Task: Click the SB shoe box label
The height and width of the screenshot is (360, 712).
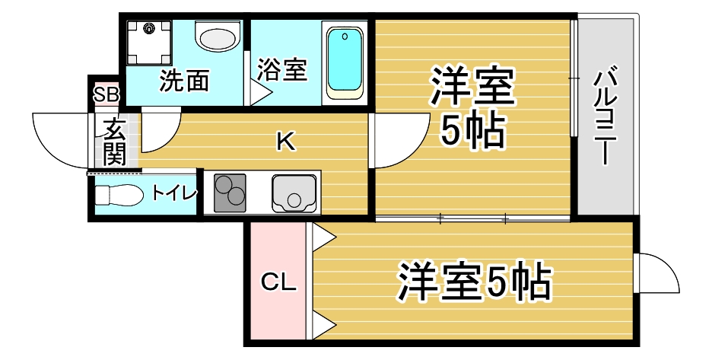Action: pyautogui.click(x=106, y=95)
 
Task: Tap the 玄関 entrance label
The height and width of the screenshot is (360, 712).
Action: pyautogui.click(x=114, y=142)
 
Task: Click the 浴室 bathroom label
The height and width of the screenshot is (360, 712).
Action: pyautogui.click(x=281, y=70)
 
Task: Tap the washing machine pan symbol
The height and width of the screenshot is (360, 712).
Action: pyautogui.click(x=149, y=42)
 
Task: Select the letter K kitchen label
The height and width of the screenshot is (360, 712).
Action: pyautogui.click(x=285, y=140)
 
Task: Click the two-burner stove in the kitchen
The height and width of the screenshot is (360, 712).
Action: pyautogui.click(x=230, y=193)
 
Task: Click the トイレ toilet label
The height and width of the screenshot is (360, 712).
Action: pyautogui.click(x=173, y=193)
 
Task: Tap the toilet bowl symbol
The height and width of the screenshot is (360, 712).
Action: pyautogui.click(x=119, y=196)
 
